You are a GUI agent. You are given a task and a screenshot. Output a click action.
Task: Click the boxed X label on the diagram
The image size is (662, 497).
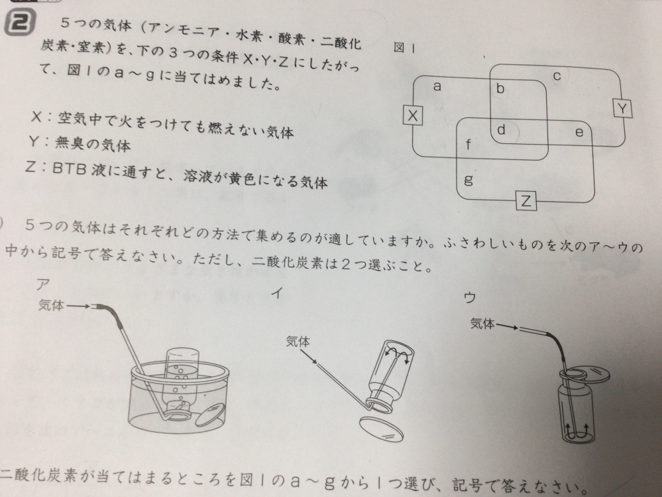tap(414, 116)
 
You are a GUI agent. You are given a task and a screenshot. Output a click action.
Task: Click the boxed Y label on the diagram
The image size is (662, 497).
tap(622, 107)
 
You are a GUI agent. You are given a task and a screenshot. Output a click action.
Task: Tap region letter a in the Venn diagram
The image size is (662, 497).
tap(437, 86)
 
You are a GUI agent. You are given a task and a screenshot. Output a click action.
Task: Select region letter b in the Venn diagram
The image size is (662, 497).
tap(501, 88)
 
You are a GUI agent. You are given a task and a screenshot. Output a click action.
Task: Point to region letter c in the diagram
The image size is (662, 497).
tap(557, 76)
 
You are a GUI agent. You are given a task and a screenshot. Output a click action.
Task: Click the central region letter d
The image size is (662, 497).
tap(502, 130)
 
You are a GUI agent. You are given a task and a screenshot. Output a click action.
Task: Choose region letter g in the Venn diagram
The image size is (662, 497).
tap(468, 179)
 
